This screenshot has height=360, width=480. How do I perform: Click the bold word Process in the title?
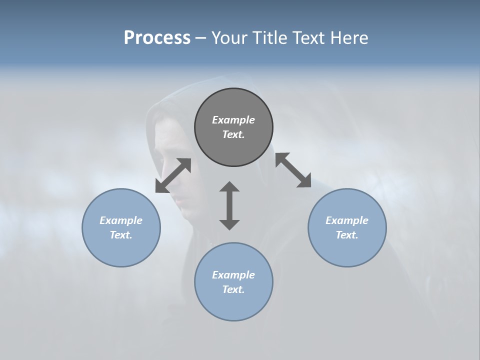[157, 38]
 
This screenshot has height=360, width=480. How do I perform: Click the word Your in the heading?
[229, 38]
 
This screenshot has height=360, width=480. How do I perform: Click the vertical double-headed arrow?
[229, 205]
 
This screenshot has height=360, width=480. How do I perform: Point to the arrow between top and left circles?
[173, 175]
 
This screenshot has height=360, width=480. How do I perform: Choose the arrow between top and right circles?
[293, 170]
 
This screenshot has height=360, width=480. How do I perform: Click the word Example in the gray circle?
[233, 120]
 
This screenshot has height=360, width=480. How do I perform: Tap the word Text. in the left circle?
[121, 235]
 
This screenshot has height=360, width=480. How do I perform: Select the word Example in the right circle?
[347, 220]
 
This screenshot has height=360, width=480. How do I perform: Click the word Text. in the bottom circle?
[233, 289]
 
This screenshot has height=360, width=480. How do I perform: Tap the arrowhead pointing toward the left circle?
[161, 186]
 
